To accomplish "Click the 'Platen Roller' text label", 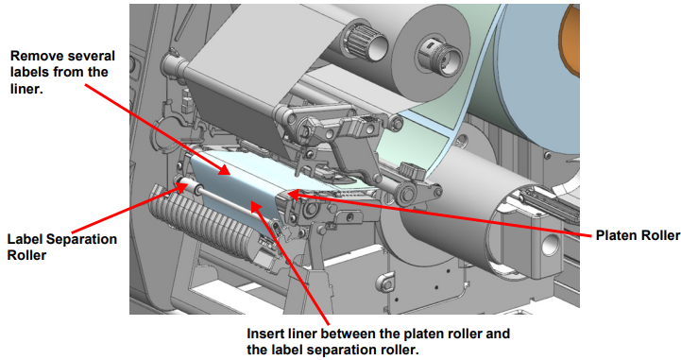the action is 638,235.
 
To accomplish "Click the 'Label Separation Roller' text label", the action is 62,247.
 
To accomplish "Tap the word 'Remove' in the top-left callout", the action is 34,56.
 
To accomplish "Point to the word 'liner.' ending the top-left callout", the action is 26,89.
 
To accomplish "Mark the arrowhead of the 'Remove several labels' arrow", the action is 224,169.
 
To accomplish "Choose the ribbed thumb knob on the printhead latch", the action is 411,170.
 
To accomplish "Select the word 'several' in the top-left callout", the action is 89,56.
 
